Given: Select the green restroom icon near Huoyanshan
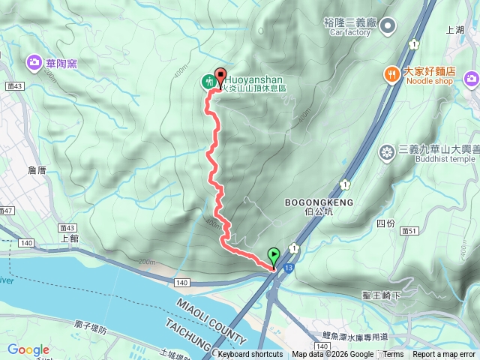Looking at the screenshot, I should click(x=208, y=81).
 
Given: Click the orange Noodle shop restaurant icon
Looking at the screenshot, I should click(x=391, y=73).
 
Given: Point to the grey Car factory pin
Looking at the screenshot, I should click(x=387, y=26).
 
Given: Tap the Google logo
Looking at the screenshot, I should click(x=28, y=349).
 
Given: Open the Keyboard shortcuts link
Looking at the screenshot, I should click(x=250, y=355).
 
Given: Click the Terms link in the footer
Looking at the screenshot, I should click(x=393, y=355).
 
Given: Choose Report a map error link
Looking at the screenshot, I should click(x=445, y=355).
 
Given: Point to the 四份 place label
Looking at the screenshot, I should click(x=385, y=223).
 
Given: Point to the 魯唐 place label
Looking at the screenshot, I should click(x=36, y=171).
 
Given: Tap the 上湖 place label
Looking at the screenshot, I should click(x=454, y=30).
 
